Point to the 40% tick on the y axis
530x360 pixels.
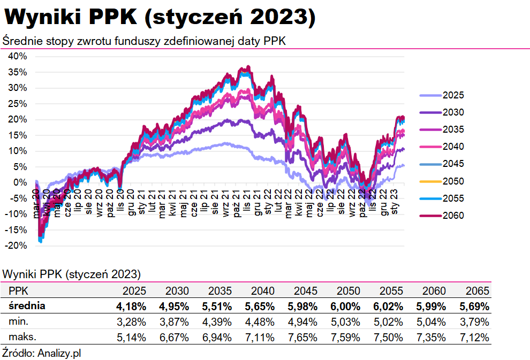[17, 56]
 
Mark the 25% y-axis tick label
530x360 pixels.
[17, 103]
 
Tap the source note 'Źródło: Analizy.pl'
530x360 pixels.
[41, 353]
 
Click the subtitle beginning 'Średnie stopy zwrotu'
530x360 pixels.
[145, 41]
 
